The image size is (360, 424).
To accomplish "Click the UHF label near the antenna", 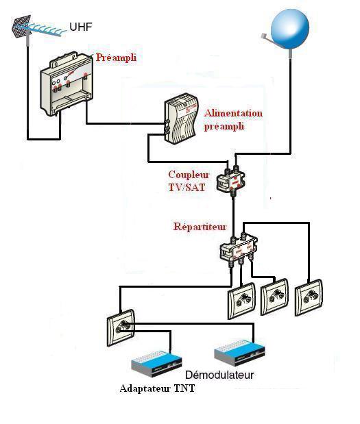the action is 81,27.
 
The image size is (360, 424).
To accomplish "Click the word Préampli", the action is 116,58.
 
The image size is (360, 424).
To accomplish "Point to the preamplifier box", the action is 67,84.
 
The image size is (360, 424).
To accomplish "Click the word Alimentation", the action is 233,113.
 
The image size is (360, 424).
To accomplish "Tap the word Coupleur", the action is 189,175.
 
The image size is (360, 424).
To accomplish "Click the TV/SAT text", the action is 187,188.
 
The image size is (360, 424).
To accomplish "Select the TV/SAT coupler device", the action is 231,180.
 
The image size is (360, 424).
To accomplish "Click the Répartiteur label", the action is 200,226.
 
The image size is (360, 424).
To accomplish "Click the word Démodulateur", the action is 219,375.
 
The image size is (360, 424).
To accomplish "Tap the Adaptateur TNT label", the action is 157,388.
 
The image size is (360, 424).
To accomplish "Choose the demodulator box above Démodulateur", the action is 240,353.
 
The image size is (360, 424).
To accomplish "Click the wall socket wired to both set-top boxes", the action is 121,327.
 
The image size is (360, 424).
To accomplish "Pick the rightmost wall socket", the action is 309,297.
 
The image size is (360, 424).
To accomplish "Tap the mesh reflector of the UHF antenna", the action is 21,26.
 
